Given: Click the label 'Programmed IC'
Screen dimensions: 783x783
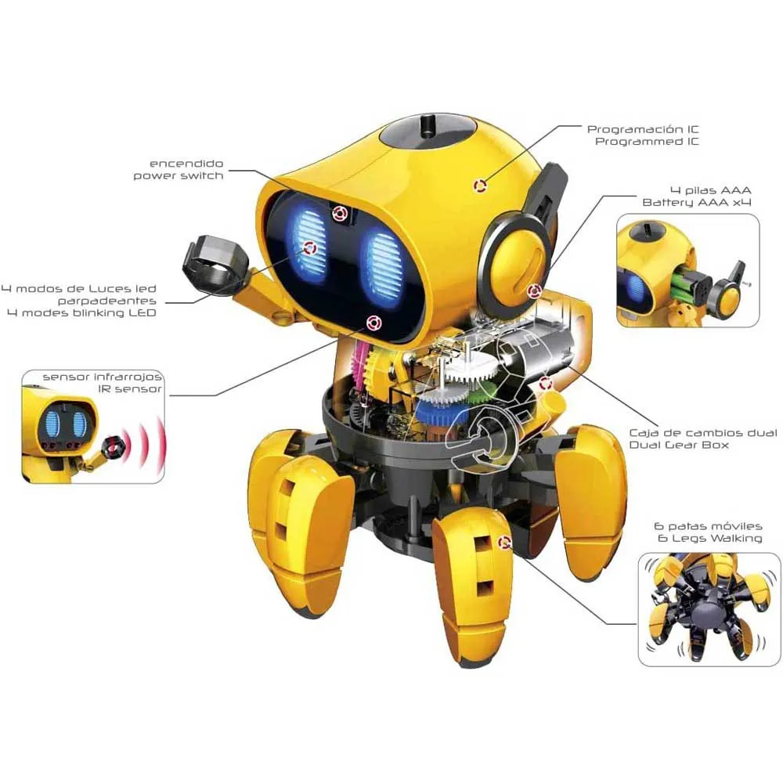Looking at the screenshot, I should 647,142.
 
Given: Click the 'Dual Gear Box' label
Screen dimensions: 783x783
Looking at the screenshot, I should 679,445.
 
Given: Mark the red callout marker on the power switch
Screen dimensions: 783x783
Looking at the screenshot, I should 339,212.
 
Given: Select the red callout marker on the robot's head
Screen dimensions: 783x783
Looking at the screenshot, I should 479,186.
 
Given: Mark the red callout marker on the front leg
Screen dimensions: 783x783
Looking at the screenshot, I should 505,541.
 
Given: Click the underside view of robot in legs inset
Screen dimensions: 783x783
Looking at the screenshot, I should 699,608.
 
